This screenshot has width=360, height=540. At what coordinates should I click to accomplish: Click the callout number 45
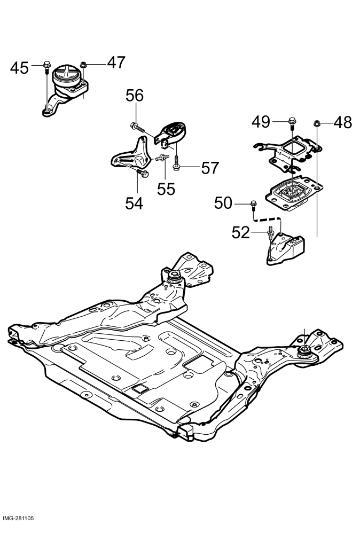[19, 68]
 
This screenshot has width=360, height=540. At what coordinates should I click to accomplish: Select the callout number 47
[116, 62]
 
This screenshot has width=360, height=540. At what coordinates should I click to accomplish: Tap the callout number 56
[135, 96]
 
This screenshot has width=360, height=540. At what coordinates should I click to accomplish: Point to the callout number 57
[210, 168]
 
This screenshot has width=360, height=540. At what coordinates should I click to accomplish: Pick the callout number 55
[166, 189]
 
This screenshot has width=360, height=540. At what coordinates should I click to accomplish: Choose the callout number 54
[134, 204]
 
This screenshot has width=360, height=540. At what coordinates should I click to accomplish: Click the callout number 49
[261, 122]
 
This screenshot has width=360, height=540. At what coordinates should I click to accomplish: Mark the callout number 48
[343, 123]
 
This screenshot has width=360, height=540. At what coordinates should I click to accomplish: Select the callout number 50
[223, 203]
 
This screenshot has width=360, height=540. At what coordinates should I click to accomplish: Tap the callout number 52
[240, 233]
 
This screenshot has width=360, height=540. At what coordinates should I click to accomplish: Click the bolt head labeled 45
[47, 65]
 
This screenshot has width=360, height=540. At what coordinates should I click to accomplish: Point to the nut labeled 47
[83, 65]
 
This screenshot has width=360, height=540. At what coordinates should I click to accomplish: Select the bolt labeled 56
[137, 128]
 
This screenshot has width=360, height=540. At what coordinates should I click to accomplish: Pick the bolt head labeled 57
[176, 167]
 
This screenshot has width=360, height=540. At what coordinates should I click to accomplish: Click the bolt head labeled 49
[292, 121]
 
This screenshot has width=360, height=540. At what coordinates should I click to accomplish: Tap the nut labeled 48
[316, 123]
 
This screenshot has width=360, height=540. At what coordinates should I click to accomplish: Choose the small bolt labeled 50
[253, 205]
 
